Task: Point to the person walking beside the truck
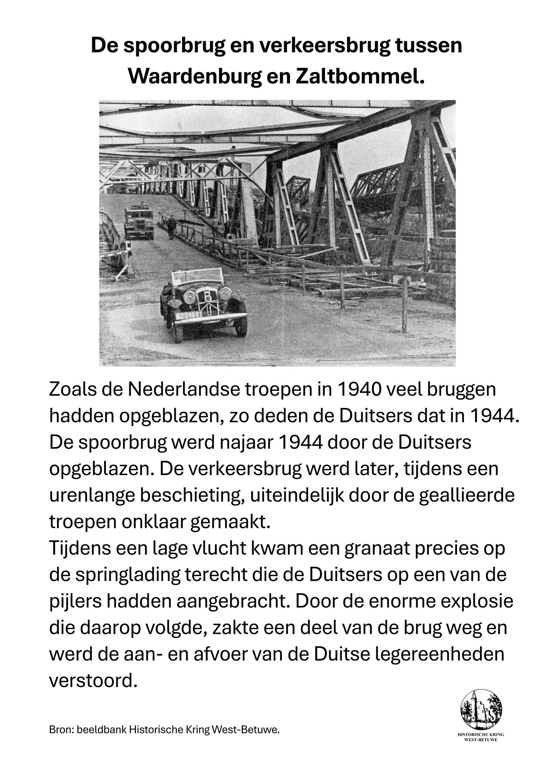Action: [171, 227]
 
